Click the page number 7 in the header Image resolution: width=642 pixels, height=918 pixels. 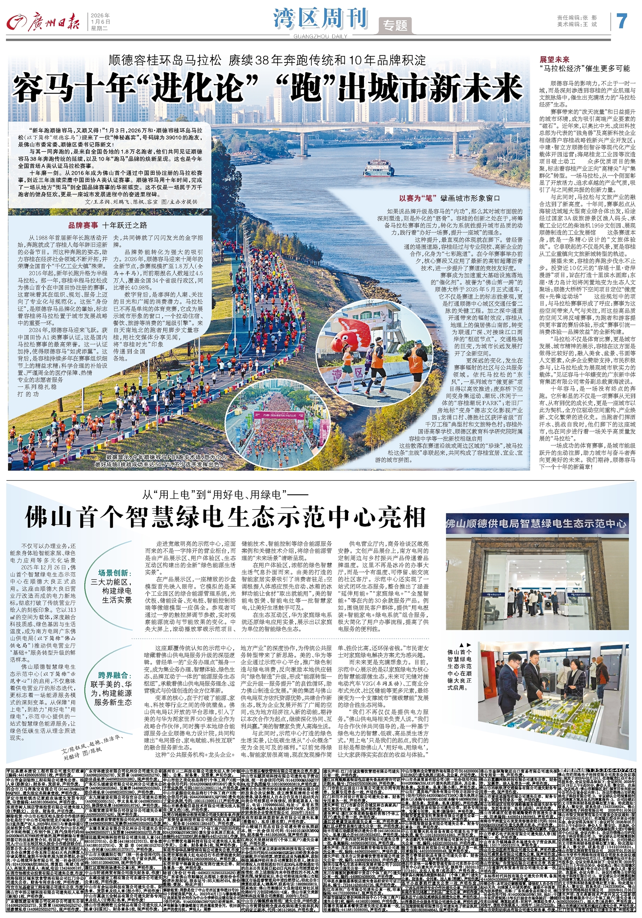pyautogui.click(x=622, y=21)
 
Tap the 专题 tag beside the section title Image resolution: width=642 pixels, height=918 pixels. pyautogui.click(x=395, y=25)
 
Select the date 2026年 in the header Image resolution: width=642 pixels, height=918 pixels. pyautogui.click(x=100, y=16)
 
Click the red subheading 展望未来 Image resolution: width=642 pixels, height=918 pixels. pyautogui.click(x=554, y=60)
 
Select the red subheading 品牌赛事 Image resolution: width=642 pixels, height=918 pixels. pyautogui.click(x=83, y=225)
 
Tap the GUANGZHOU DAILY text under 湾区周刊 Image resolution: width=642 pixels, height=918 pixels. pyautogui.click(x=320, y=36)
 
